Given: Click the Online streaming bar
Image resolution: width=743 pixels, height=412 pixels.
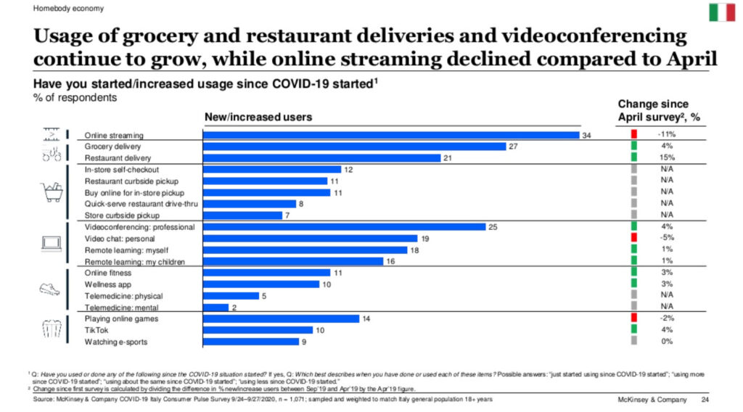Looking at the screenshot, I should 391,135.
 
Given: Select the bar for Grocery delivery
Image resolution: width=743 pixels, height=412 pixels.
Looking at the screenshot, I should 354,147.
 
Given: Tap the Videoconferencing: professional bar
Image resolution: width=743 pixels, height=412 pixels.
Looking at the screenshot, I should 344,227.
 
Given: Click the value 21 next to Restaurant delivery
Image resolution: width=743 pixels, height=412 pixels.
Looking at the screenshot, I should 448,158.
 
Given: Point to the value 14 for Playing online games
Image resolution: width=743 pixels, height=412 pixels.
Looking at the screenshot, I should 366,318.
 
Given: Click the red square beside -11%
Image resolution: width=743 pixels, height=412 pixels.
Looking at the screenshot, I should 633,135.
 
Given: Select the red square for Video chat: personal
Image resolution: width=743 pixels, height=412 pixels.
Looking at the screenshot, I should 633,238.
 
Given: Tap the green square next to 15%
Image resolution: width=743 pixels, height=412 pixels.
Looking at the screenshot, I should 633,157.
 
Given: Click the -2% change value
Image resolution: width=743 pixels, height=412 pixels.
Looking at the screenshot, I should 668,318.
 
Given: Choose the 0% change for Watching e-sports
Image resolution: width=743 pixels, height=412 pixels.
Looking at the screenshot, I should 668,341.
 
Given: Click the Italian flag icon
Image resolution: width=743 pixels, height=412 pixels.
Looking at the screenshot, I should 721,12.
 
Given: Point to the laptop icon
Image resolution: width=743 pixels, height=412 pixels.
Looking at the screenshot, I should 51,244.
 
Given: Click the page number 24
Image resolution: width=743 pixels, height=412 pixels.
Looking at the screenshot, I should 705,400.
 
